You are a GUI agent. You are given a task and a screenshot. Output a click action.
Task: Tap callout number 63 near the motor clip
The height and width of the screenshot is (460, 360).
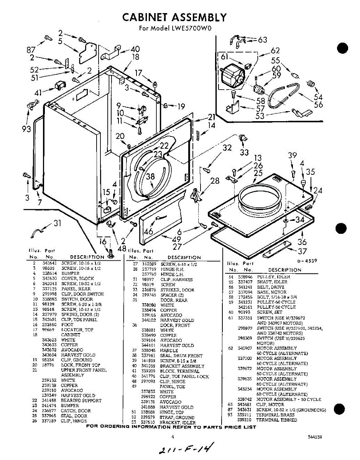(262, 39)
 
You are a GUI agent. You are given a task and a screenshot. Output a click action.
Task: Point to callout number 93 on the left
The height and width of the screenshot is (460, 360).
(27, 129)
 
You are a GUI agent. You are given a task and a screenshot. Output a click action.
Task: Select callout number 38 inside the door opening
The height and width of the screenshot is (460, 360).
(151, 177)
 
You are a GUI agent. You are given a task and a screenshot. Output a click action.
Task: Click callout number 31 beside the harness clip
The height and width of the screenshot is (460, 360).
(57, 223)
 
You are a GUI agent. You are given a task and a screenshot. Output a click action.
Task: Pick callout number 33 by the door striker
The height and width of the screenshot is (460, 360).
(244, 152)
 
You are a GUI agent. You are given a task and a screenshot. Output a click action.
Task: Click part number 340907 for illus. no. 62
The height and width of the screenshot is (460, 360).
(244, 348)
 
